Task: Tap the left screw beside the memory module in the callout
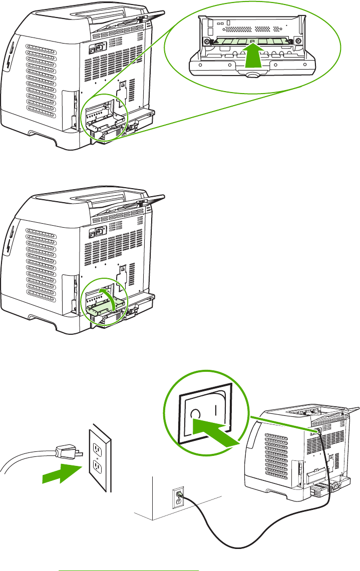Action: pos(205,41)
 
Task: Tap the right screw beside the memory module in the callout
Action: pos(299,41)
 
